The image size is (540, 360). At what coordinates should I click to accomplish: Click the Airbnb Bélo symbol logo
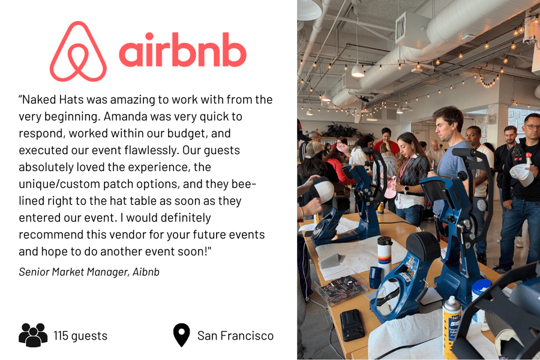coord(78,52)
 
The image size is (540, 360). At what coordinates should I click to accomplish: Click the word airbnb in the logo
coord(182,53)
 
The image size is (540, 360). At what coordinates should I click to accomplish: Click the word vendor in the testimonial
coord(138,234)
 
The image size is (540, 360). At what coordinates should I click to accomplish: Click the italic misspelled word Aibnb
coord(145,272)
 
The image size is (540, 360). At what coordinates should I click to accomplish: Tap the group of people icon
coord(33,335)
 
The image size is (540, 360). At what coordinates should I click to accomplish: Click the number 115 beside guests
coord(62,335)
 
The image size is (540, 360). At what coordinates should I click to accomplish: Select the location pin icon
coord(181,335)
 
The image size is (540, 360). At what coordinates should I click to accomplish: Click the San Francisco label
coord(235,335)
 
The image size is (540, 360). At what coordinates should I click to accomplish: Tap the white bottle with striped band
coord(384,254)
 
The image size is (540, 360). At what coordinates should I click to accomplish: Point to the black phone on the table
coord(352,324)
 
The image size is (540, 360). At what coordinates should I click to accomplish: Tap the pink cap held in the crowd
coord(391,188)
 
